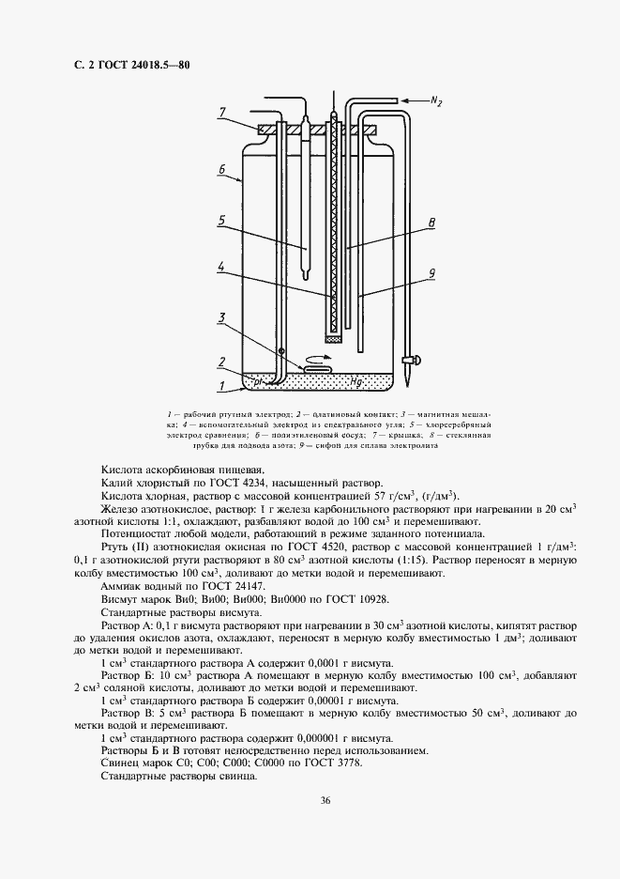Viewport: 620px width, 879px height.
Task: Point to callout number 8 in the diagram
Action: tap(431, 223)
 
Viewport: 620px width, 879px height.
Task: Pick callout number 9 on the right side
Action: tap(431, 274)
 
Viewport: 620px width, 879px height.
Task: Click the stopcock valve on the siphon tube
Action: tap(410, 360)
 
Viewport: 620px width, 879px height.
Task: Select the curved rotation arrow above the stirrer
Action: tap(323, 357)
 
